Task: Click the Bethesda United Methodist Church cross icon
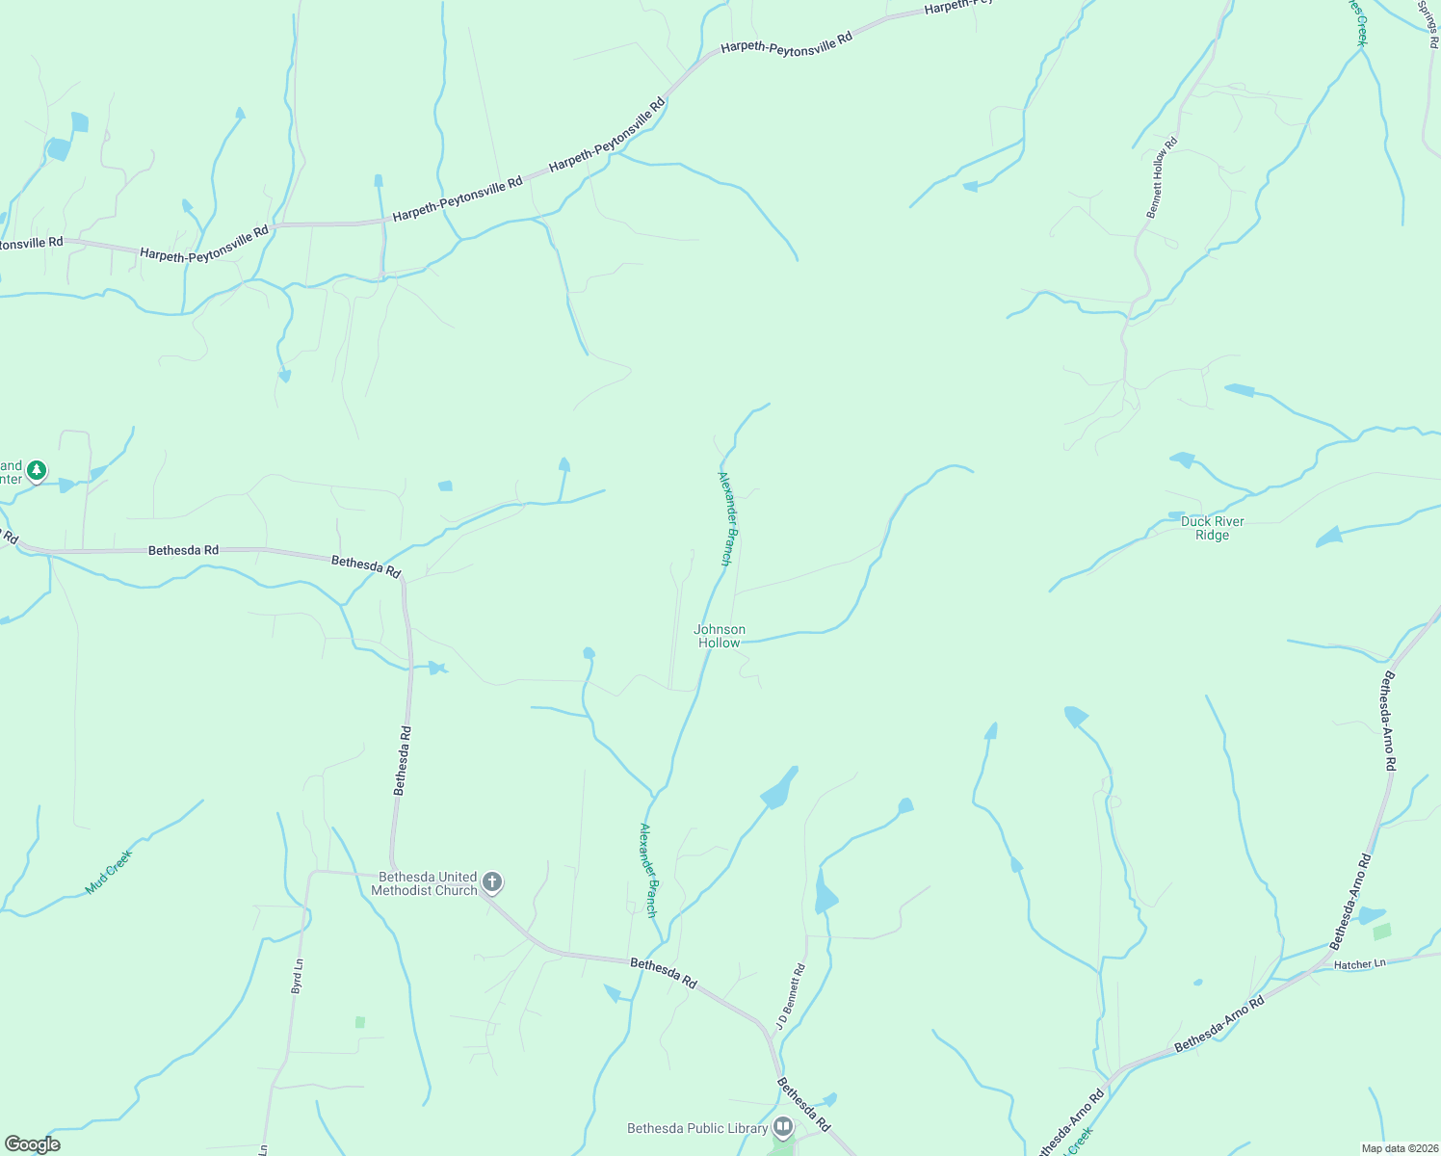[491, 881]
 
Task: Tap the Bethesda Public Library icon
[783, 1126]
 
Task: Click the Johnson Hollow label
[720, 636]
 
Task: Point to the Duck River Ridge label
[1213, 528]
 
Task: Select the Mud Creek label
[108, 872]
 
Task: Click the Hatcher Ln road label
[1359, 963]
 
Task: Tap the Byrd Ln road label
[297, 976]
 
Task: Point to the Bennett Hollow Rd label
[1161, 178]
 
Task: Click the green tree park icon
[37, 471]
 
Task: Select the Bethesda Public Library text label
[697, 1128]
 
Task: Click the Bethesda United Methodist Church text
[428, 883]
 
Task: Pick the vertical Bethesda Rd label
[403, 760]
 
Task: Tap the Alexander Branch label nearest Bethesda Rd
[649, 869]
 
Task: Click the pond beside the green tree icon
[65, 486]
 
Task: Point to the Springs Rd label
[1428, 23]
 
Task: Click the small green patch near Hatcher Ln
[1382, 932]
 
